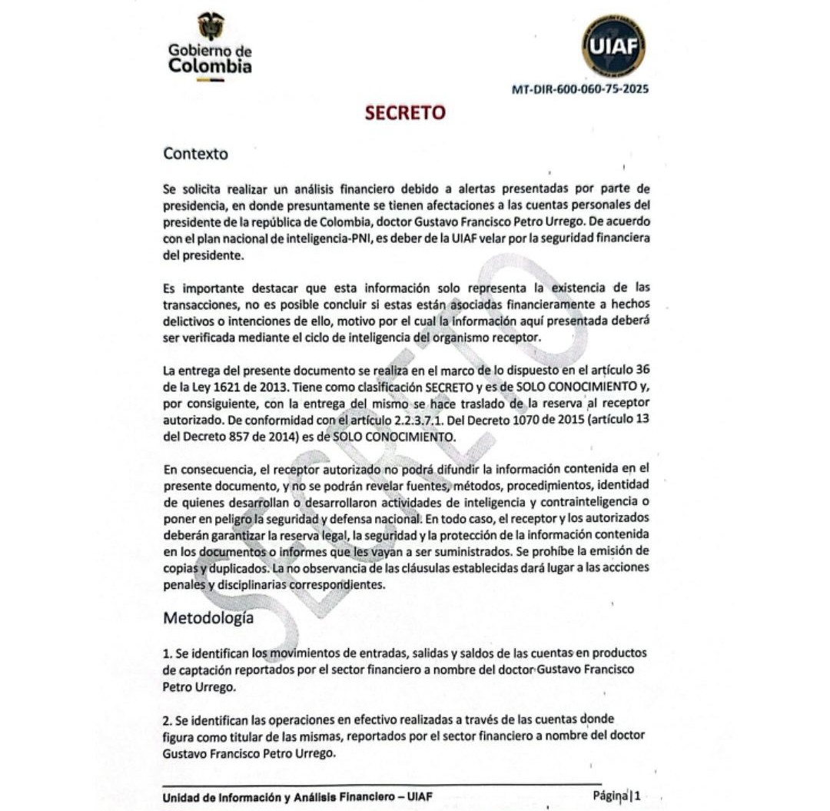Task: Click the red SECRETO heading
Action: (405, 112)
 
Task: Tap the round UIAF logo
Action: (613, 45)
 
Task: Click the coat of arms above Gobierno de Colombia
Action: (210, 25)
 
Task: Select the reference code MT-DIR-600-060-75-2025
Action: (579, 88)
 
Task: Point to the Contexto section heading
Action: (195, 154)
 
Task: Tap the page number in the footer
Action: (637, 795)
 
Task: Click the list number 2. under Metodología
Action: (168, 721)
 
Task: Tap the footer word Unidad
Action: (182, 797)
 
